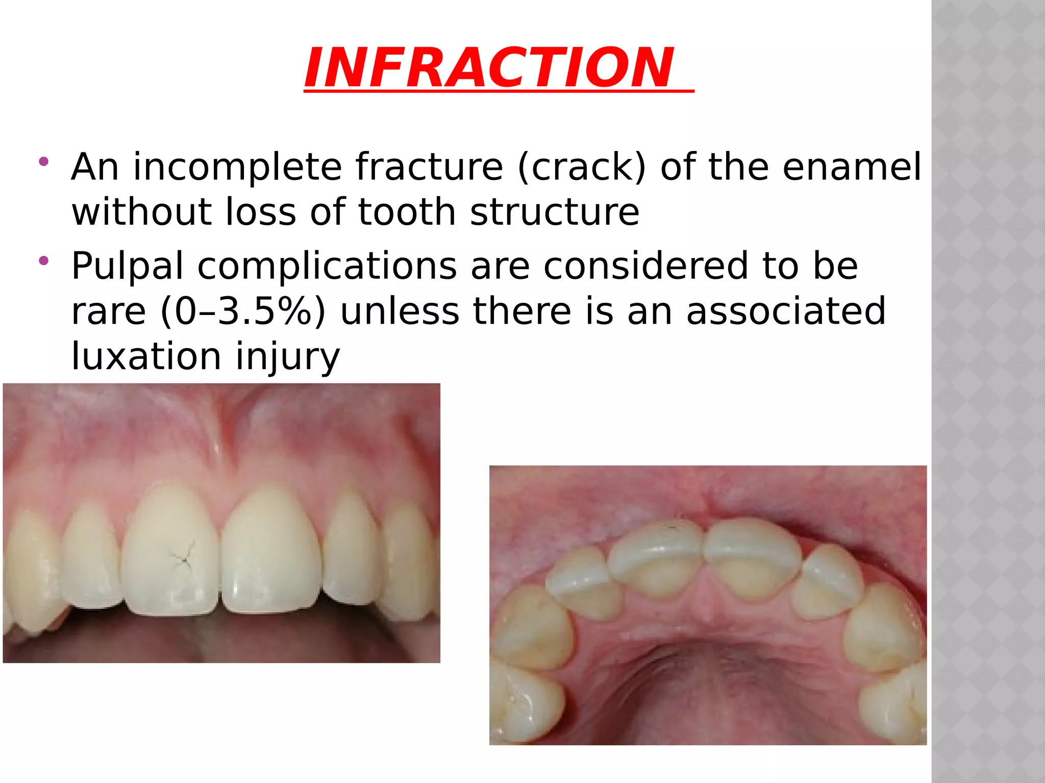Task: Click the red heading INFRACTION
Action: pyautogui.click(x=489, y=68)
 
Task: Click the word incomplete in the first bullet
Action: pyautogui.click(x=237, y=167)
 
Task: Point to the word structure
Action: pyautogui.click(x=554, y=212)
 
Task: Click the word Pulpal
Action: pyautogui.click(x=127, y=266)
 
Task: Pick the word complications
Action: pyautogui.click(x=327, y=266)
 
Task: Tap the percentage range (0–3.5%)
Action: pyautogui.click(x=242, y=311)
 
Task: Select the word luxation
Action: pyautogui.click(x=146, y=356)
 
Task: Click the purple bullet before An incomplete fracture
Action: pyautogui.click(x=43, y=162)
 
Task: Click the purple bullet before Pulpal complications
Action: pyautogui.click(x=43, y=261)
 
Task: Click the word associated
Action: pyautogui.click(x=786, y=311)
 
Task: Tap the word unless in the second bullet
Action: pyautogui.click(x=400, y=311)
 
